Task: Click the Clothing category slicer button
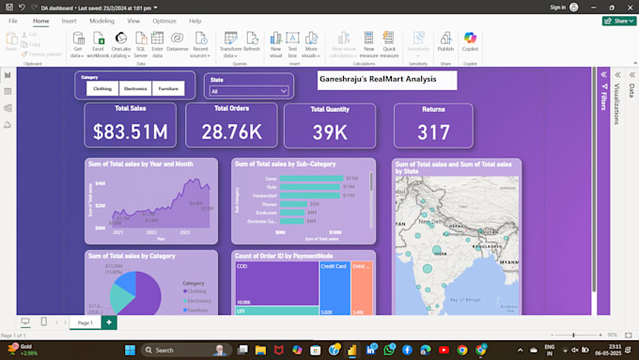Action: click(102, 88)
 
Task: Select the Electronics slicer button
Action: click(135, 88)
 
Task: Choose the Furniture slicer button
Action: click(167, 88)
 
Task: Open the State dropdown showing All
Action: click(248, 91)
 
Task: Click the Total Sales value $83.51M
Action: click(130, 132)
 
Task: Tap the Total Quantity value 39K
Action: click(330, 132)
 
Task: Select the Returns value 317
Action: click(433, 133)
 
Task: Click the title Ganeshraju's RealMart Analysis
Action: click(386, 80)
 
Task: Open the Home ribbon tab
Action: click(40, 21)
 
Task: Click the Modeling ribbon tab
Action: click(101, 21)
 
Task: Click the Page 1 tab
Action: click(85, 322)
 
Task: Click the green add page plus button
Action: click(109, 322)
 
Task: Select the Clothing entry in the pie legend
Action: click(197, 290)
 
